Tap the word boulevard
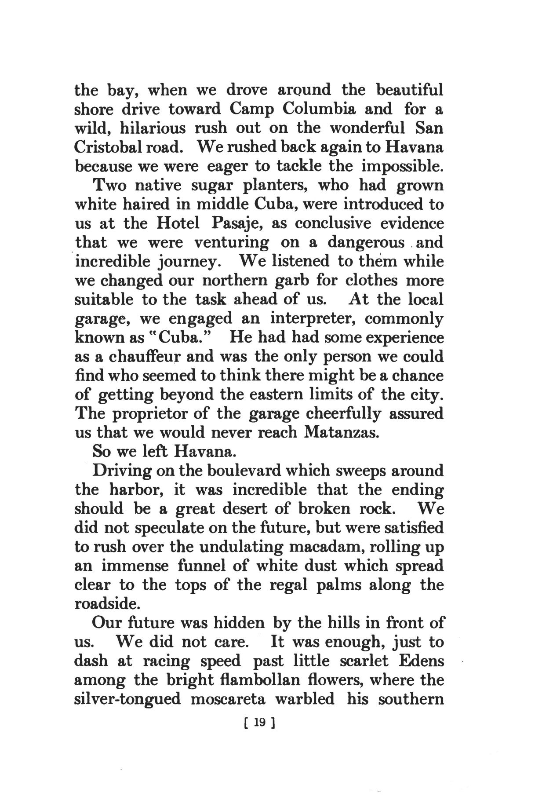[244, 471]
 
